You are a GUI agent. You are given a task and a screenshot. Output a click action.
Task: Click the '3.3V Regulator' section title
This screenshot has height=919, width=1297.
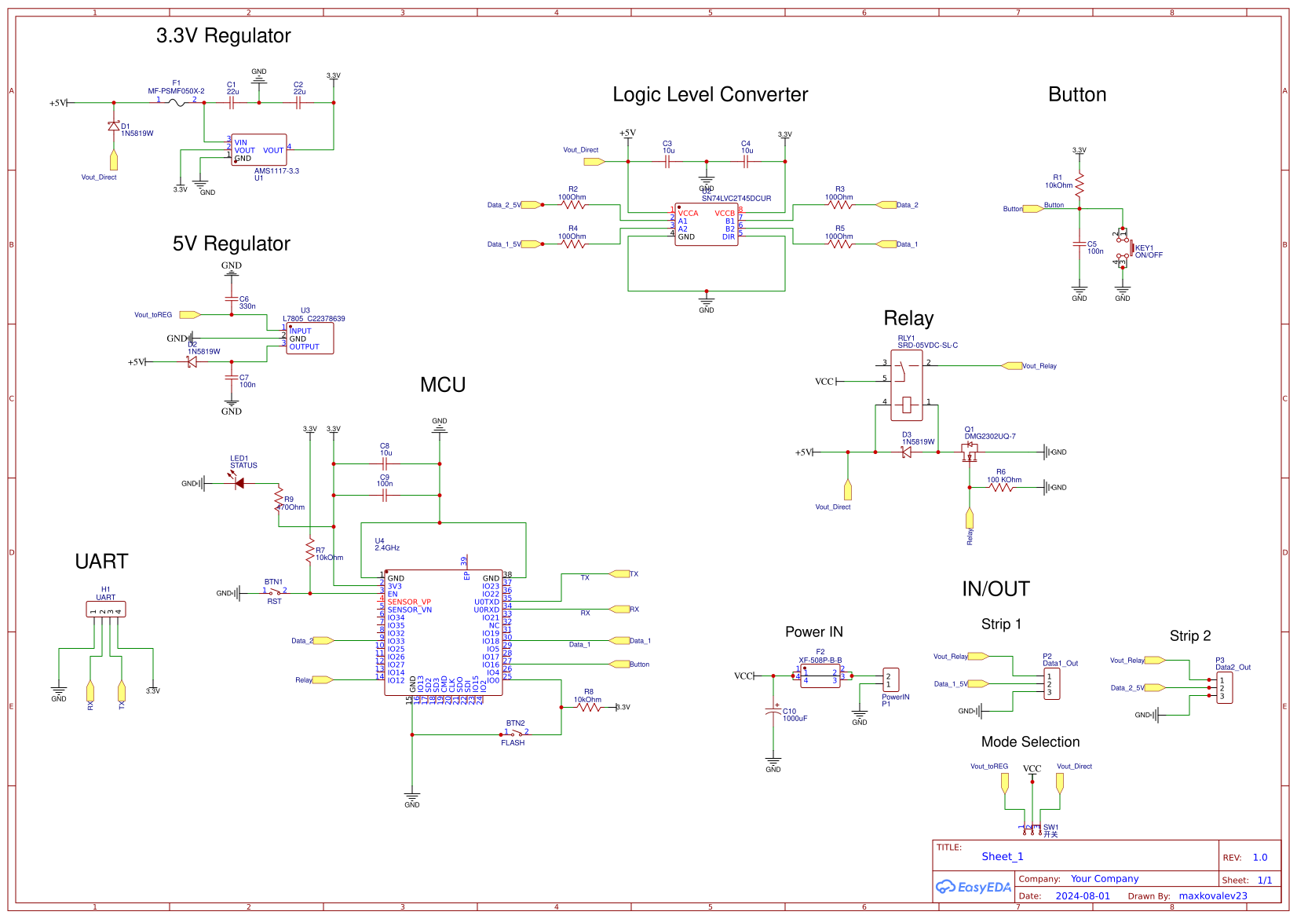223,36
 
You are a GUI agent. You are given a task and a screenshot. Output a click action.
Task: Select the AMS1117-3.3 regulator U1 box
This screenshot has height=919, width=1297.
259,149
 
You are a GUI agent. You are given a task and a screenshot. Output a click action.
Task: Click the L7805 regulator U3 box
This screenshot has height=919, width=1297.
309,339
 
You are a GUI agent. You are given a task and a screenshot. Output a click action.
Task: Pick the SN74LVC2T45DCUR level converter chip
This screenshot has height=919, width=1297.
706,225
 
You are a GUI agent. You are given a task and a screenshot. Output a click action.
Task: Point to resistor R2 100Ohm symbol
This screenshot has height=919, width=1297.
573,205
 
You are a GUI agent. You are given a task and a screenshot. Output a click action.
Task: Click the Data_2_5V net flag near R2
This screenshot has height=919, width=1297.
530,205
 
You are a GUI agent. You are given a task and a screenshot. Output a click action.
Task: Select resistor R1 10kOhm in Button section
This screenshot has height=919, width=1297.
1080,185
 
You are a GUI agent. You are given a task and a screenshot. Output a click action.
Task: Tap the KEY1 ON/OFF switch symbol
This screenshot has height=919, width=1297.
1123,248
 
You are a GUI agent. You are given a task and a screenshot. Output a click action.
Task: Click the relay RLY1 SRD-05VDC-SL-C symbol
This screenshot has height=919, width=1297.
907,385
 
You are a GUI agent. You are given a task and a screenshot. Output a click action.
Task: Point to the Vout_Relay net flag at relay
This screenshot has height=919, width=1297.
1012,366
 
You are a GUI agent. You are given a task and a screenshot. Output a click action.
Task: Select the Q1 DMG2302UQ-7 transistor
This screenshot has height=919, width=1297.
970,452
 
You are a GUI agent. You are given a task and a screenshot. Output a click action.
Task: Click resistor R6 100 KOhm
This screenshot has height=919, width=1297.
1001,488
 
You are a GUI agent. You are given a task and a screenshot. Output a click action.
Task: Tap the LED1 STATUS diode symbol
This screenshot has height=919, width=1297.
239,483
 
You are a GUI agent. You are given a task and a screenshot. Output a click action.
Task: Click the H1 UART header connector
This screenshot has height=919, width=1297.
106,610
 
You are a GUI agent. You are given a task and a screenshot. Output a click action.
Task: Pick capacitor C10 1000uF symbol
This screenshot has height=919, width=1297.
773,712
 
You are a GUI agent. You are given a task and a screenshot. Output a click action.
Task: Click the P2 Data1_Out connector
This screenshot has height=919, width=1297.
1052,684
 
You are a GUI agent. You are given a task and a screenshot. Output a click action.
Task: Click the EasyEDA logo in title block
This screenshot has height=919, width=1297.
974,887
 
